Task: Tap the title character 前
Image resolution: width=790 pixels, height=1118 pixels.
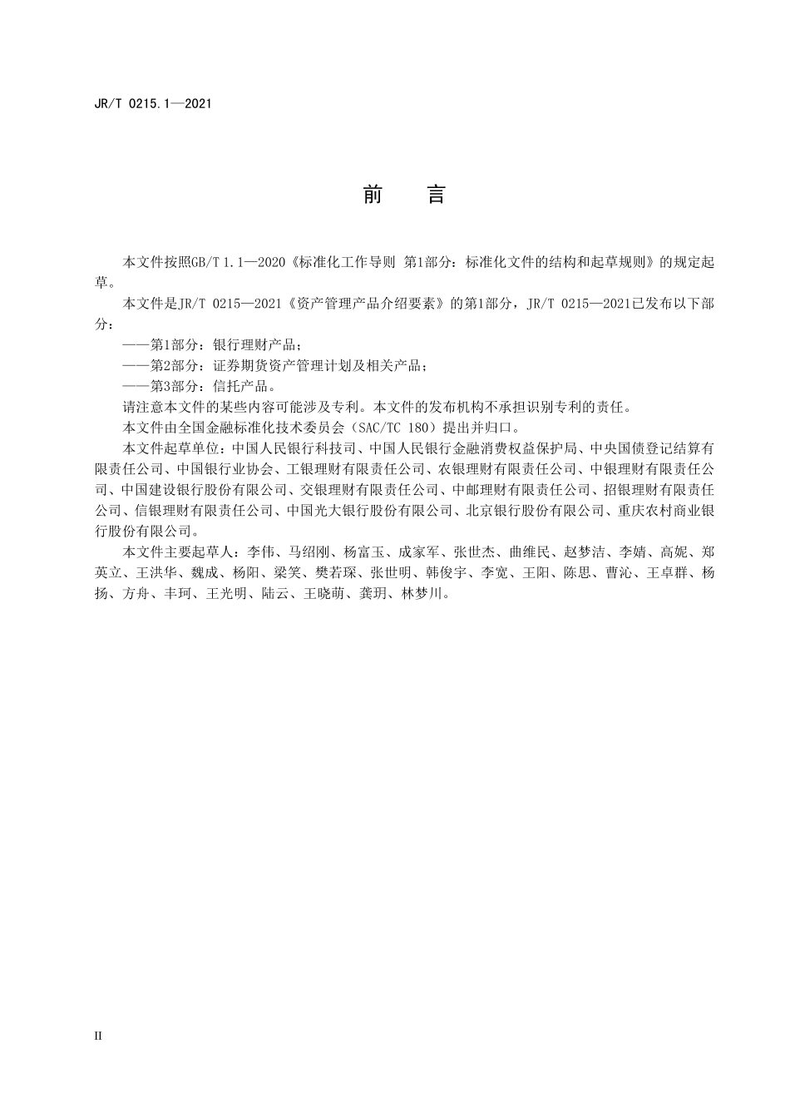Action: (373, 195)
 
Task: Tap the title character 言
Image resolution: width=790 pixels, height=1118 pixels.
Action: (437, 195)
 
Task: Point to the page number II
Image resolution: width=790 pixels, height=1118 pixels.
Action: (98, 1036)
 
